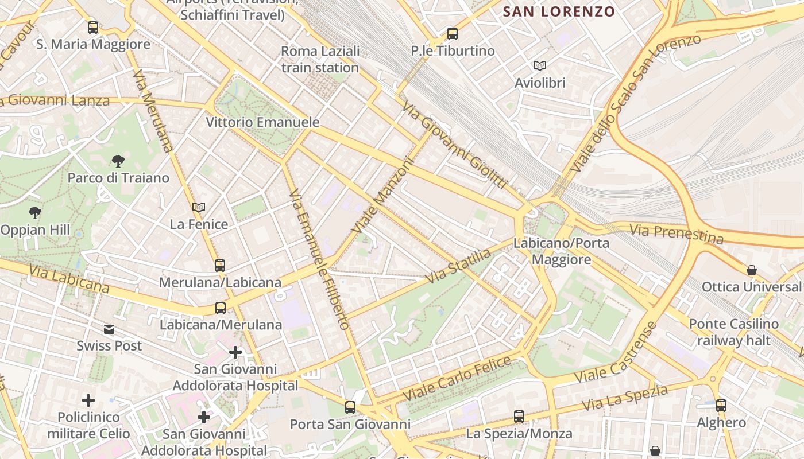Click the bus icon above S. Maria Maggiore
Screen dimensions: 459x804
92,27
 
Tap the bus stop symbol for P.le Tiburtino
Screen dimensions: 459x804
453,34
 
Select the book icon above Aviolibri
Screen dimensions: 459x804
540,65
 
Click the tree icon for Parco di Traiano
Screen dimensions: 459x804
118,161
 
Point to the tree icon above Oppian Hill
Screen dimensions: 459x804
35,213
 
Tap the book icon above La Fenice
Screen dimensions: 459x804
199,207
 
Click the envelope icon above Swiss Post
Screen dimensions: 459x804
109,329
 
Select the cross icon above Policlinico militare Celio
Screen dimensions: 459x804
88,400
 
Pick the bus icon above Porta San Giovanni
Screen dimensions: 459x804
350,407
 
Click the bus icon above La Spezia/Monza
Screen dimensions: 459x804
519,417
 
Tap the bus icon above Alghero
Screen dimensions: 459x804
721,406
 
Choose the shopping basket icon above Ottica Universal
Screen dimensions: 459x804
751,270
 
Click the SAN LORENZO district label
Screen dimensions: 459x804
559,11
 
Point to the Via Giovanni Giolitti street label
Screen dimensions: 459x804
454,145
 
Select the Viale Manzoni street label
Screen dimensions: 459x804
383,196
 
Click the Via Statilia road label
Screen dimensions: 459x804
459,266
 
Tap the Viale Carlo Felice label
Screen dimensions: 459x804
457,378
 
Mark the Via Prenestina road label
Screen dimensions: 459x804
676,234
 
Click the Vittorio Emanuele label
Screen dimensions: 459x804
262,122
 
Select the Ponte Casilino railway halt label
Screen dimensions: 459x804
733,332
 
